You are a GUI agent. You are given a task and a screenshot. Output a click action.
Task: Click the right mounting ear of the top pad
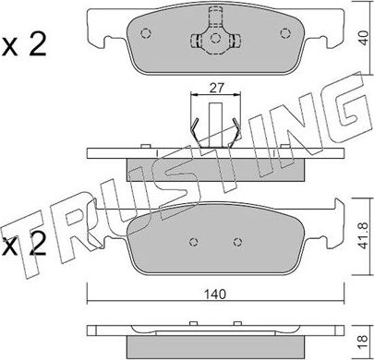329,37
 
